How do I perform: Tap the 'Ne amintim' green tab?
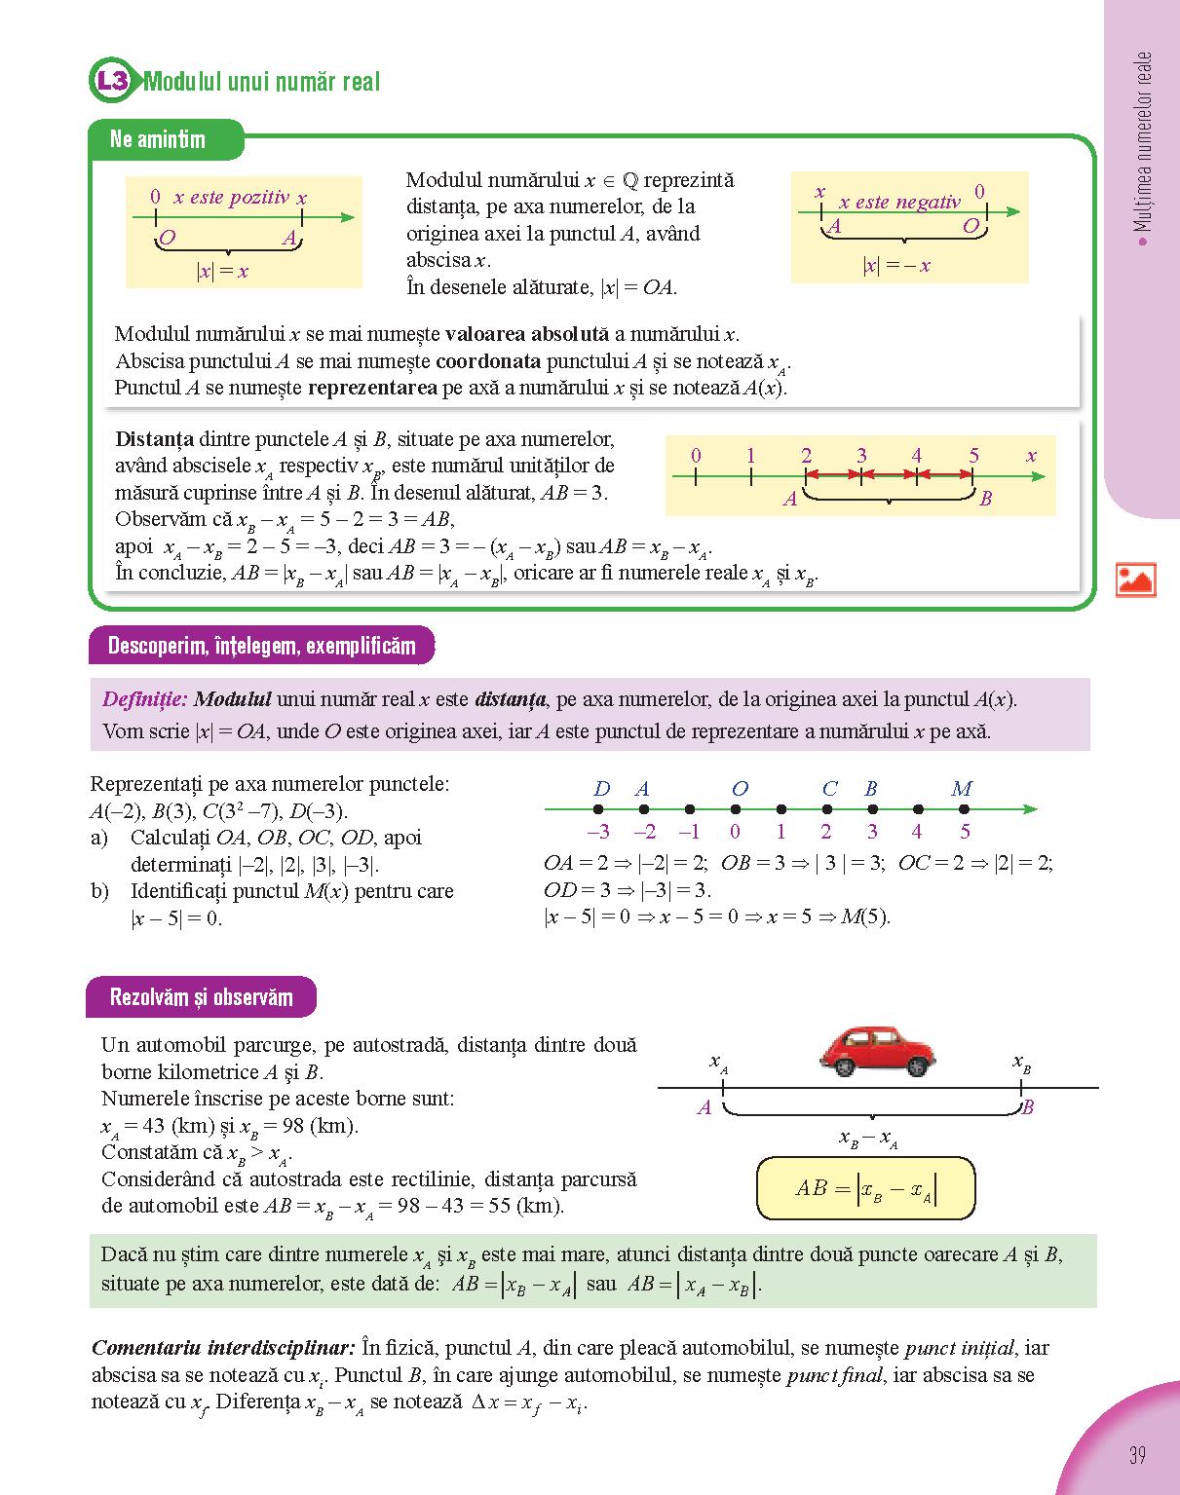(158, 139)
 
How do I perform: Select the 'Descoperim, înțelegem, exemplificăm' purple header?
(261, 646)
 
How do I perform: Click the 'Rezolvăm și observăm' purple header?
(201, 997)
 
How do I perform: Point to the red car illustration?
(878, 1050)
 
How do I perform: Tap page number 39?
(1136, 1455)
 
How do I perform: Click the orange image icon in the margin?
(1135, 579)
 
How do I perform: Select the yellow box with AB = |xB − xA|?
(865, 1188)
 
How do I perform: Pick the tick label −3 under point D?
(598, 832)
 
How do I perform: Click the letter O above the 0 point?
(740, 789)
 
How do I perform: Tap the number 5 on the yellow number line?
(973, 456)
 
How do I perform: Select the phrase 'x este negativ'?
(899, 203)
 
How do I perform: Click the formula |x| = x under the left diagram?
(223, 272)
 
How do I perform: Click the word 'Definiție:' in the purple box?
(144, 699)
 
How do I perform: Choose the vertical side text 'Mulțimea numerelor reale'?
(1144, 141)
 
